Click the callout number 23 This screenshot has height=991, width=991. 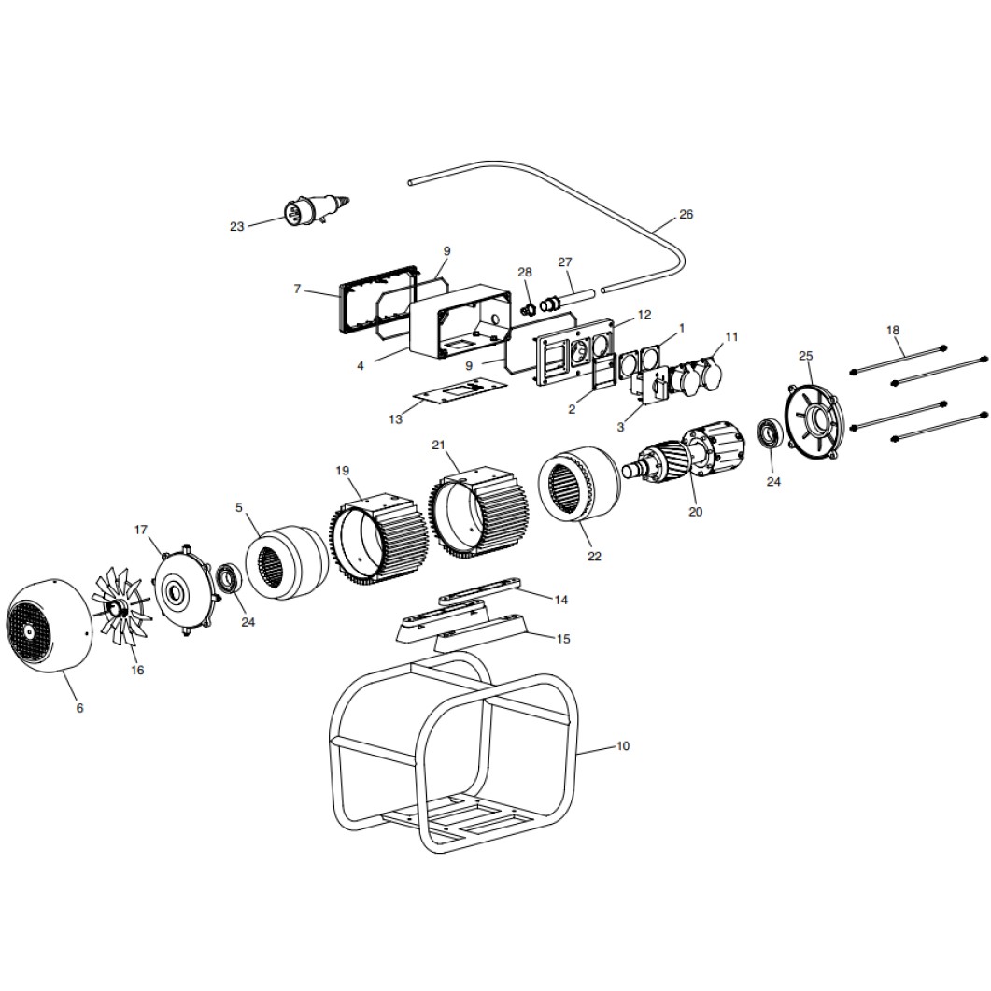tap(236, 226)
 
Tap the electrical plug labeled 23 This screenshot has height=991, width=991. tap(315, 210)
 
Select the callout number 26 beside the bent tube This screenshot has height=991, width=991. tap(686, 214)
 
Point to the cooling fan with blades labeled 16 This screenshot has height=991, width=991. tap(121, 607)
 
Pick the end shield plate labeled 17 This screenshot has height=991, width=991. tap(187, 589)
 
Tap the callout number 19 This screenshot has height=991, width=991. tap(342, 471)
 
